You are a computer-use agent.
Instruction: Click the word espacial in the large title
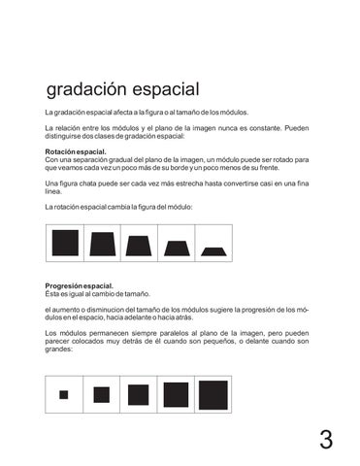click(x=160, y=90)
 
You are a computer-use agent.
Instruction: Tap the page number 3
click(x=326, y=440)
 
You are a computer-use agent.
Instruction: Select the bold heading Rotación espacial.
click(x=76, y=152)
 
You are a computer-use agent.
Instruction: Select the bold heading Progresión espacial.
click(x=79, y=286)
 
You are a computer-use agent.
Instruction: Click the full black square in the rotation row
click(x=65, y=243)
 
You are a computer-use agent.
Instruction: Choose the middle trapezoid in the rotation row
click(x=140, y=245)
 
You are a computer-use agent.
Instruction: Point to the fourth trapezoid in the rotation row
click(x=177, y=248)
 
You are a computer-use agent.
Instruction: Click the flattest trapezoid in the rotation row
click(x=213, y=250)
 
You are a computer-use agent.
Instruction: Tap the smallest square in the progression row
click(x=64, y=394)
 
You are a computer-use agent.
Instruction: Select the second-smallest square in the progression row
click(x=101, y=394)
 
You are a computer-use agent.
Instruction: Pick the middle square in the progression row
click(x=138, y=394)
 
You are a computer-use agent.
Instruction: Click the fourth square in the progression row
click(x=176, y=394)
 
